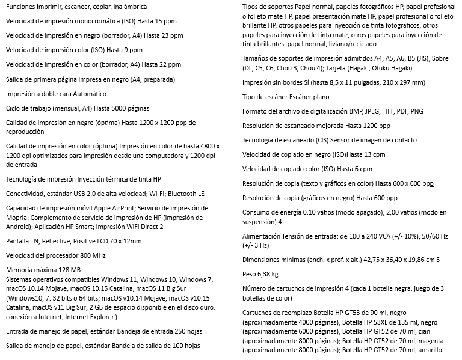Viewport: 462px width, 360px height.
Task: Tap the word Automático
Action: pos(88,94)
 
